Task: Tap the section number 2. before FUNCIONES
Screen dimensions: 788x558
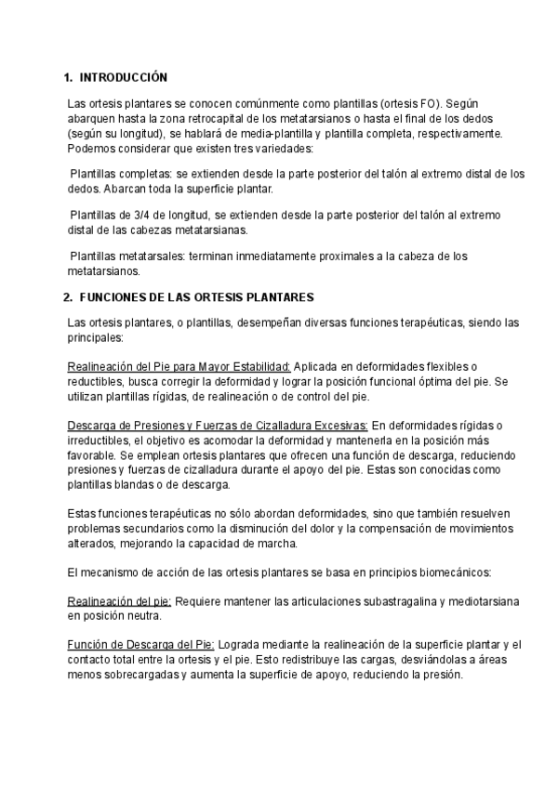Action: click(67, 297)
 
